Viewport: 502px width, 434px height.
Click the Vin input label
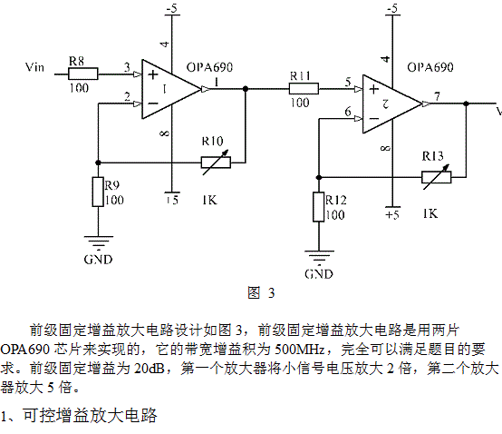click(x=34, y=67)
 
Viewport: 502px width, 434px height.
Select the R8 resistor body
click(x=83, y=74)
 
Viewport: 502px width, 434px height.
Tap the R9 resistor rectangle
click(x=98, y=192)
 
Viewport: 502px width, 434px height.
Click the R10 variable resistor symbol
click(x=216, y=163)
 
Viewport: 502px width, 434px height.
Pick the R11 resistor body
click(x=304, y=89)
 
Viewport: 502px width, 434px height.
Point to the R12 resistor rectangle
click(x=319, y=207)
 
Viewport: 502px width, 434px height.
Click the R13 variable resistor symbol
click(x=437, y=177)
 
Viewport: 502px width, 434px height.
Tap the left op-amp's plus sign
click(x=153, y=74)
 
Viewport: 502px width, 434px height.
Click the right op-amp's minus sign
click(x=374, y=119)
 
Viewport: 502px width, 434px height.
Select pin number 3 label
click(x=127, y=67)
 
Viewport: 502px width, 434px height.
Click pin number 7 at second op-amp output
click(x=437, y=96)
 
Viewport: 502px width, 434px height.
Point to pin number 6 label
click(x=348, y=112)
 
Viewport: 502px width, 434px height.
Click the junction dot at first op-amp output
click(x=246, y=89)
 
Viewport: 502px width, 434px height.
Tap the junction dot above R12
click(x=319, y=177)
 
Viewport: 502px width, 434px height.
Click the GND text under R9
click(x=98, y=260)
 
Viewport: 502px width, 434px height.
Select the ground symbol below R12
click(x=319, y=257)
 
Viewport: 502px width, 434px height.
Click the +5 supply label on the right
click(x=392, y=214)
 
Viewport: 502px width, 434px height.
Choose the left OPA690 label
click(x=209, y=67)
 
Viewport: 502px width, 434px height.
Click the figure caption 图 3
click(x=261, y=293)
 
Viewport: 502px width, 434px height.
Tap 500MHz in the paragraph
click(x=299, y=350)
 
